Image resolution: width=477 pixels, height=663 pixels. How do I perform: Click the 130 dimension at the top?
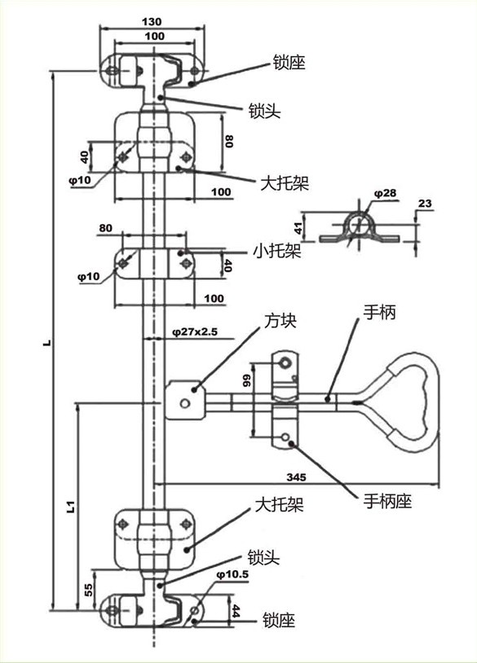tap(152, 21)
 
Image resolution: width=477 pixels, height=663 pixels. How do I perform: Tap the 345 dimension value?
tap(296, 477)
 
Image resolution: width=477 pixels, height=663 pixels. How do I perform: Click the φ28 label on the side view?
tap(385, 193)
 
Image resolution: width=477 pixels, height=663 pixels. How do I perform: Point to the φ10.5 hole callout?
tap(232, 575)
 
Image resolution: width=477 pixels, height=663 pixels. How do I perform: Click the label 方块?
tap(280, 321)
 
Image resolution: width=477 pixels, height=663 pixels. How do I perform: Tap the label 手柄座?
tap(387, 502)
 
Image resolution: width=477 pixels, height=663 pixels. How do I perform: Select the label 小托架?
tap(277, 251)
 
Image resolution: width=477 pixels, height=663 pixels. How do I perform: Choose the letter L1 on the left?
tap(71, 507)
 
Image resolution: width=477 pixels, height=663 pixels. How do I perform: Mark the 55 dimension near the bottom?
tap(89, 590)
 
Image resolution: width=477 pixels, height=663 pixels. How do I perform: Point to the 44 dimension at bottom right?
tap(236, 611)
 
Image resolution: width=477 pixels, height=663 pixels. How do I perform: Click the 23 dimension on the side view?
tap(425, 204)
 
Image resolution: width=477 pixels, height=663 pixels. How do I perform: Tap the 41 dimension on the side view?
tap(298, 228)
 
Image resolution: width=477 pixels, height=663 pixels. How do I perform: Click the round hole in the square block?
tap(185, 403)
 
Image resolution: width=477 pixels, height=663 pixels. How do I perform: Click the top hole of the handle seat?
tap(285, 362)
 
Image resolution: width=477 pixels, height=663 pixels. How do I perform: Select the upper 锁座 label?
tap(289, 63)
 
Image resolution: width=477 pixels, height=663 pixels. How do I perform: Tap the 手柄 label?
tap(379, 313)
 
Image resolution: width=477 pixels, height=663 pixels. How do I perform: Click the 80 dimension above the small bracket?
tap(105, 228)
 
